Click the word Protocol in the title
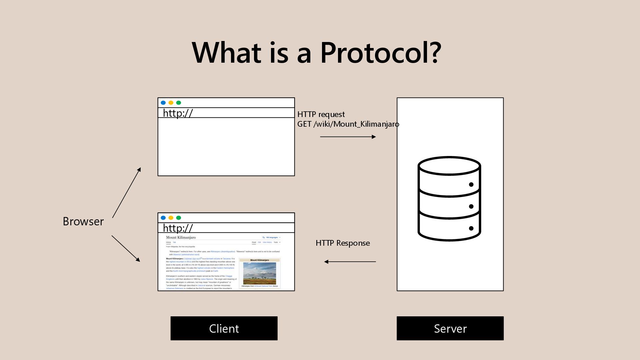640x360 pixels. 381,53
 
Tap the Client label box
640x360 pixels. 224,328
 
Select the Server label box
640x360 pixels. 450,328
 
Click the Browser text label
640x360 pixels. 83,221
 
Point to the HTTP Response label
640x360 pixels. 343,243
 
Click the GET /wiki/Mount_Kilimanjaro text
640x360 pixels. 348,124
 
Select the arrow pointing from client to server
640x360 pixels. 348,137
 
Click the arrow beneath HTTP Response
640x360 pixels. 350,262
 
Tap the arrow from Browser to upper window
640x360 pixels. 127,193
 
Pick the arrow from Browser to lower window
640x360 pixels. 126,248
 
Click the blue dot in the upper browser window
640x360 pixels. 163,103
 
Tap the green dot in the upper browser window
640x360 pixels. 179,103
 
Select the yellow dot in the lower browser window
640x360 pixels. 171,218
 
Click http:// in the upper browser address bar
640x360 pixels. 178,113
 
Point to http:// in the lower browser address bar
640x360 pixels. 178,228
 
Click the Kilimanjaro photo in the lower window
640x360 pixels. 260,273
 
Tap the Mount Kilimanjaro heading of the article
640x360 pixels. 181,237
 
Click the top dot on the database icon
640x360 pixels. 471,185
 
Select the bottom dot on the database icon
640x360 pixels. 471,228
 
